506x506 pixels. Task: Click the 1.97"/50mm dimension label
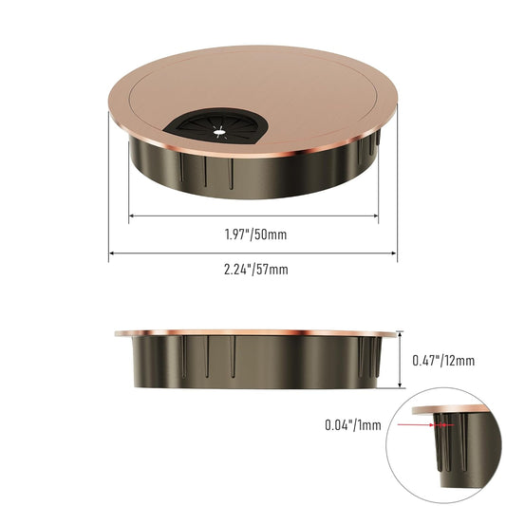click(253, 233)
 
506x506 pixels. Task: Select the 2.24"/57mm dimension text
click(253, 269)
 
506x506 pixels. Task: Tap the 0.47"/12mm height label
click(443, 360)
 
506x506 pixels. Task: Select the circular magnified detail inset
click(446, 447)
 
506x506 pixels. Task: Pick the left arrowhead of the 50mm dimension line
click(130, 216)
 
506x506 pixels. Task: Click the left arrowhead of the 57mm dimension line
click(111, 253)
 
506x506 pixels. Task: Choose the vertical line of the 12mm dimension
click(403, 360)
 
